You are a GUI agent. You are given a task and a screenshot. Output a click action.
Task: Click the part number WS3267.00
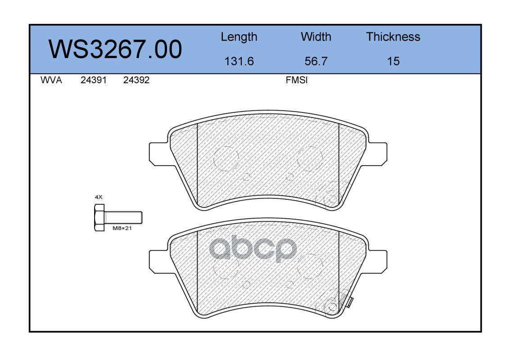click(115, 49)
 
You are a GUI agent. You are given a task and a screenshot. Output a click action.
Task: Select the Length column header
click(239, 37)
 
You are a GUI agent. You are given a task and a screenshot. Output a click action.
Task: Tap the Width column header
click(316, 36)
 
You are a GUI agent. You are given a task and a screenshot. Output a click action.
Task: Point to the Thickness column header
click(393, 36)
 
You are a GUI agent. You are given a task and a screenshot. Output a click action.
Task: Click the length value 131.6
click(239, 61)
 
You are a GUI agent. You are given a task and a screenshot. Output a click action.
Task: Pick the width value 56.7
click(316, 61)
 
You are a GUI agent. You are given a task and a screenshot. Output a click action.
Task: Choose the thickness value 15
click(393, 61)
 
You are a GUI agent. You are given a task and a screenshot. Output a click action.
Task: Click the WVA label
click(51, 80)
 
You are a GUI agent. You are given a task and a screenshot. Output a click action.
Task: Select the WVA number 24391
click(94, 80)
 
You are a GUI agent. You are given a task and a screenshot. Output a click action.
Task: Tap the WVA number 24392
click(136, 80)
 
